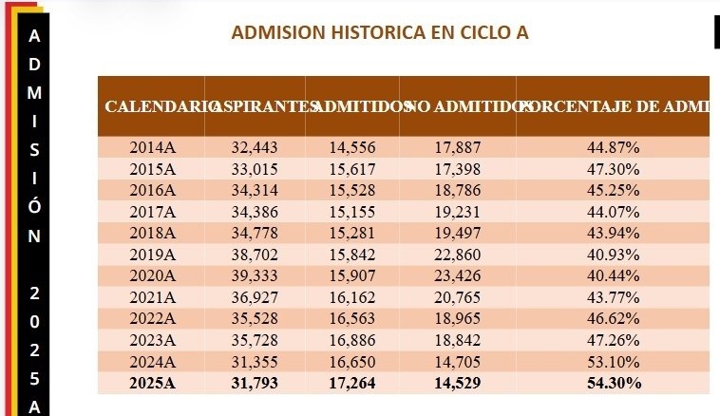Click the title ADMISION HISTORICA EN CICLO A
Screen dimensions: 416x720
(379, 33)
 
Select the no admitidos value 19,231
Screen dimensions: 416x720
(458, 211)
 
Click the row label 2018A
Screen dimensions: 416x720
(153, 233)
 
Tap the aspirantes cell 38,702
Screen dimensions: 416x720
(255, 255)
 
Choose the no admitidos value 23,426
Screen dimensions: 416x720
(458, 275)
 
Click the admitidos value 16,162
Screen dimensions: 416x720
(353, 297)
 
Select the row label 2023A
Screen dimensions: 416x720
(153, 340)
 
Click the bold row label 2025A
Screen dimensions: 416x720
(153, 383)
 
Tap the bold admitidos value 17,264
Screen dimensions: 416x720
(353, 383)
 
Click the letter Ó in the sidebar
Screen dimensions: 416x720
(34, 205)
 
